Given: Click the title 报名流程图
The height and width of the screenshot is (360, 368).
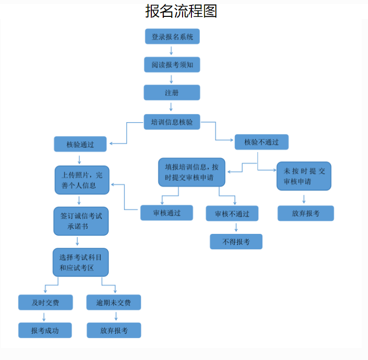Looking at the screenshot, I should click(181, 11).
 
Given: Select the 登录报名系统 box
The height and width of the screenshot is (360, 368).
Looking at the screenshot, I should click(172, 36).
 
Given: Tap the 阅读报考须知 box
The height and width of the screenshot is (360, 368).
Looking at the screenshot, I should click(172, 65).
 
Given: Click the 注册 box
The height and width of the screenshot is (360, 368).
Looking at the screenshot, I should click(172, 93).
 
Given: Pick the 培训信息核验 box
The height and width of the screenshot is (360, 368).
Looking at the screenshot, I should click(172, 122).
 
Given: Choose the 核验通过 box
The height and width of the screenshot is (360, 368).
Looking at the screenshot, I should click(80, 144).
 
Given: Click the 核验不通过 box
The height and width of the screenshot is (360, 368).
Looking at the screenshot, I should click(261, 142).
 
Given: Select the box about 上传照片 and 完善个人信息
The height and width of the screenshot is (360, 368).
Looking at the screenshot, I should click(82, 180).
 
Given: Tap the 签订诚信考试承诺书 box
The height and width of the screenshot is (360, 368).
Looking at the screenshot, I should click(81, 221).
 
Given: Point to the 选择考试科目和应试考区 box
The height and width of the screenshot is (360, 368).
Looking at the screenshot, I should click(80, 262).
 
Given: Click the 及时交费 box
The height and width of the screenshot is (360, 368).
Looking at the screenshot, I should click(45, 302).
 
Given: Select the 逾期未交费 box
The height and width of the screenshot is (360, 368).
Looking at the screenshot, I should click(114, 302).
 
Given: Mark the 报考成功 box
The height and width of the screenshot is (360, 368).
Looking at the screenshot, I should click(45, 330).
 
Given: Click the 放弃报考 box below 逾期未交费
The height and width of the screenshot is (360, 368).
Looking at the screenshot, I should click(114, 330).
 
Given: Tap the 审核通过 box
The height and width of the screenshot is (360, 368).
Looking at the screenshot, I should click(167, 213).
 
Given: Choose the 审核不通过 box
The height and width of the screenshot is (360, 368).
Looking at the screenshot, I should click(232, 214).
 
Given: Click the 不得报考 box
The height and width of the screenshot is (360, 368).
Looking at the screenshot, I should click(236, 241).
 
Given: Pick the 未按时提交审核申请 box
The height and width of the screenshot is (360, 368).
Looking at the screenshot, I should click(304, 176).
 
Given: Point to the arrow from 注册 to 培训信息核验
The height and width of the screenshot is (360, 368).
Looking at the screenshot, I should click(171, 107).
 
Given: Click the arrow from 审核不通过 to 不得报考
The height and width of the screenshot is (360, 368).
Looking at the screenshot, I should click(236, 227).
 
